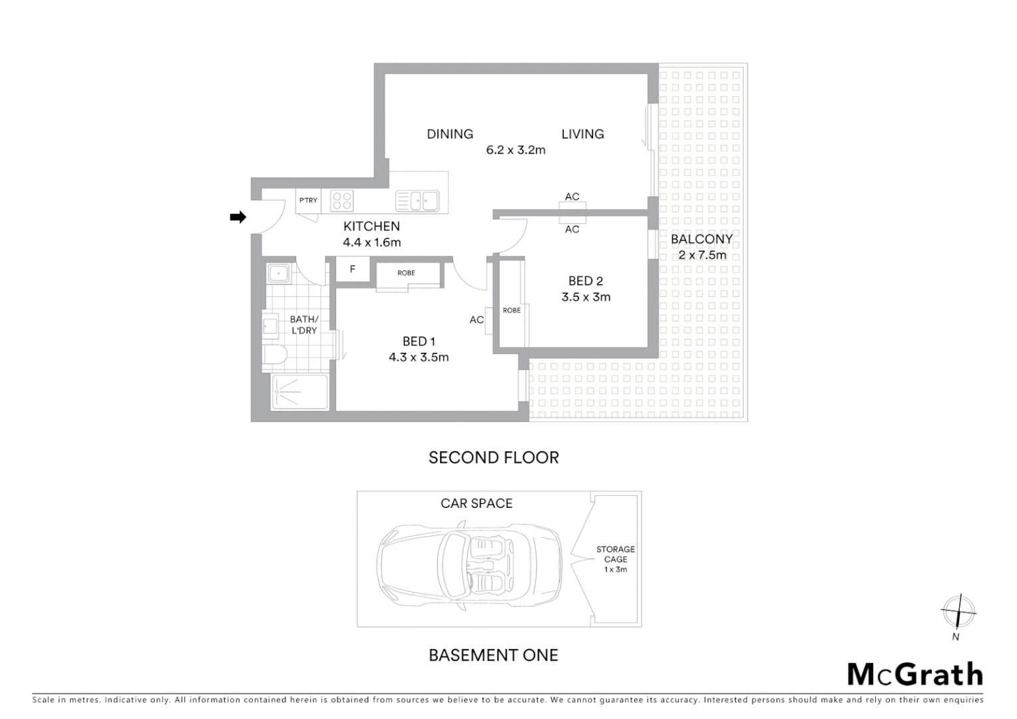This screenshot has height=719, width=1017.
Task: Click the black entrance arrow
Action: pos(238,217)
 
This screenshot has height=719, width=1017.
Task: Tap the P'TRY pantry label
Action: pos(308,200)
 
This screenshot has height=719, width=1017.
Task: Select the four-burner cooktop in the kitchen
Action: pos(342,201)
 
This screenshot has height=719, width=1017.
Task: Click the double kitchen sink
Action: pos(417,200)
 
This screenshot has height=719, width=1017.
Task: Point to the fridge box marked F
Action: pos(352,270)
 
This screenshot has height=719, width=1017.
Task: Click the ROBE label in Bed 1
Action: pos(406,273)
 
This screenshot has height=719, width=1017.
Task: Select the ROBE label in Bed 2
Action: pos(511,310)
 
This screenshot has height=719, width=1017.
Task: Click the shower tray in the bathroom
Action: pos(300,392)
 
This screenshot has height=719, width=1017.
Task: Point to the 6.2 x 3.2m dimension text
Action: pos(516,150)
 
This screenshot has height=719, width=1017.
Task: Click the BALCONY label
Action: pos(702,239)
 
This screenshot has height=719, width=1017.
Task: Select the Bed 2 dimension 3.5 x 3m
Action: pos(586,298)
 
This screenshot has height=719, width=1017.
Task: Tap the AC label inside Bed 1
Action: pos(477,320)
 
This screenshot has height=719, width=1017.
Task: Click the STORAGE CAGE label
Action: pos(615,555)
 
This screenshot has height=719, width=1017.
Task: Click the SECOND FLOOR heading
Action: pos(493,458)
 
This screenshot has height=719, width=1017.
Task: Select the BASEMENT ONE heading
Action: pos(493,656)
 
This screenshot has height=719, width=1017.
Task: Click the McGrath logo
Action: pos(915,674)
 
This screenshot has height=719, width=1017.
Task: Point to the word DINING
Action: pos(450,134)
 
